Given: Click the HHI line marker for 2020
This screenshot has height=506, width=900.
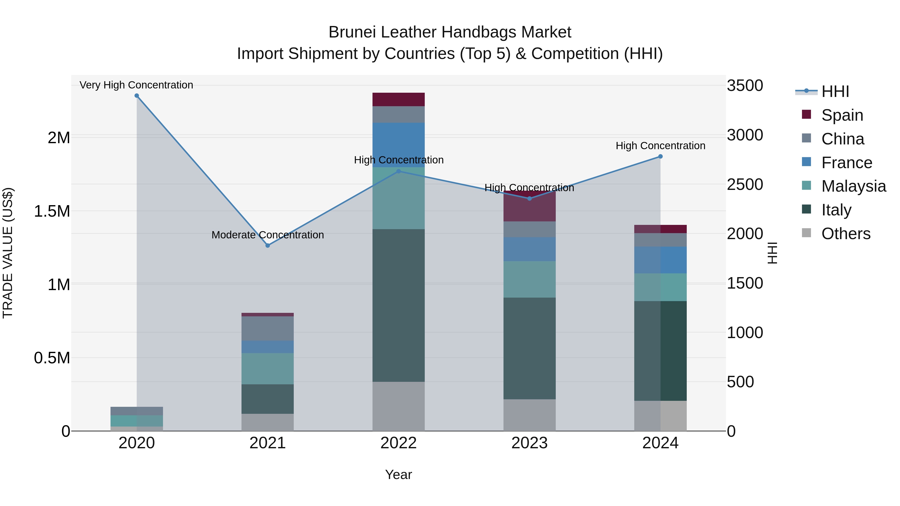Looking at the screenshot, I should pos(136,96).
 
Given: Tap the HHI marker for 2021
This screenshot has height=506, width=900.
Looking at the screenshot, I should pos(267,245).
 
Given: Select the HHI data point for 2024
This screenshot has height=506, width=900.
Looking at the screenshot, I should pos(660,156).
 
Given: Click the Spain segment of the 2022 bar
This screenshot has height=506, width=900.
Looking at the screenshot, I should pos(398,99).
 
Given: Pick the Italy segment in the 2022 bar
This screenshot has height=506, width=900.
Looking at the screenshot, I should pos(398,306).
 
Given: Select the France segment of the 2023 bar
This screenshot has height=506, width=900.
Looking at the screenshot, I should pos(529,249).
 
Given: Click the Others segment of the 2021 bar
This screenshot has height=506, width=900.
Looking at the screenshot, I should pos(267,422).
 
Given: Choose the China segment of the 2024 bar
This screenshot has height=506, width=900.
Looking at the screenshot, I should pos(660,240).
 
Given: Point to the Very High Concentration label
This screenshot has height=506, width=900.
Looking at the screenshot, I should pos(136,85).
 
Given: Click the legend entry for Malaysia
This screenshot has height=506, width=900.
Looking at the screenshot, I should pos(853,186).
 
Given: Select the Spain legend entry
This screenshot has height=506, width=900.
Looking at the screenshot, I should pos(842,115).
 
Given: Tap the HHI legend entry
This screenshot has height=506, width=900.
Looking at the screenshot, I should pos(835,91).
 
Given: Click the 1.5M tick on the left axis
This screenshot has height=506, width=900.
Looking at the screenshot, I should pos(52,211).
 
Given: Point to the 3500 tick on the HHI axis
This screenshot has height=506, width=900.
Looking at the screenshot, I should pos(745,85).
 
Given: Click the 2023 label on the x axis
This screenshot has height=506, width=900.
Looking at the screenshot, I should pos(529,443).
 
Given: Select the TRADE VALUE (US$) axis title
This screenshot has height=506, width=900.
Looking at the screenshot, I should pos(8,253).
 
